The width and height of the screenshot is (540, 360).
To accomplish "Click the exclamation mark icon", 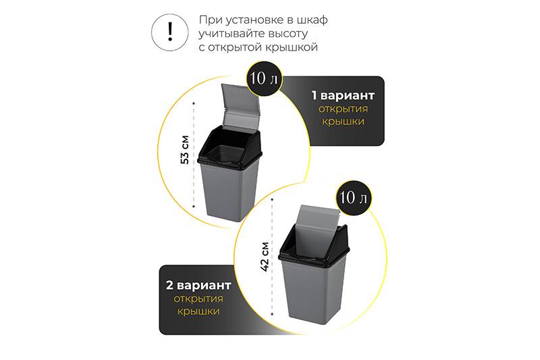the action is [170, 32].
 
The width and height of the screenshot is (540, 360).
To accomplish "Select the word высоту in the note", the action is [288, 34].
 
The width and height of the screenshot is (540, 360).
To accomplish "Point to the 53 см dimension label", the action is [185, 149].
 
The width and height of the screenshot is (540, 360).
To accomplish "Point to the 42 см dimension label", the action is [265, 257].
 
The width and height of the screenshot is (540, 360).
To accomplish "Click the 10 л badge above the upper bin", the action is [264, 78].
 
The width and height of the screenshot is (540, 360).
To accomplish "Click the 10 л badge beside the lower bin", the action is [353, 198].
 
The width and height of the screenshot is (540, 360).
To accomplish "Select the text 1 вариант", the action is [343, 95].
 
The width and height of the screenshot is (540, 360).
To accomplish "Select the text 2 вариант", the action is [198, 285].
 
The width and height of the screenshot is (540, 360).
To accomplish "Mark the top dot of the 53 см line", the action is [194, 103].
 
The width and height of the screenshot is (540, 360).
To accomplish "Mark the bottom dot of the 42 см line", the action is [272, 314].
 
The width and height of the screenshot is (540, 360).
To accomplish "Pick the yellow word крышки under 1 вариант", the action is [343, 122].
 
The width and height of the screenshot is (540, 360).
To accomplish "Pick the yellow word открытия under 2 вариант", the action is [198, 299].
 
